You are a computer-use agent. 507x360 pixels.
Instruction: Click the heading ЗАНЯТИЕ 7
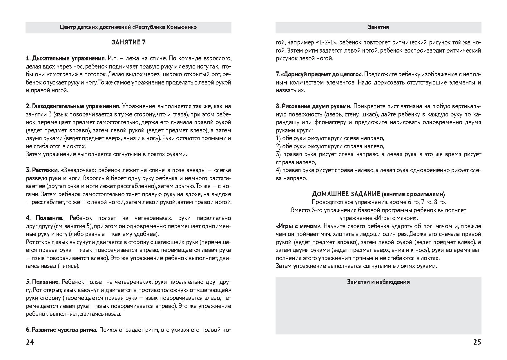click(128, 42)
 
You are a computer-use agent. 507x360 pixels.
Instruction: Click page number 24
click(30, 342)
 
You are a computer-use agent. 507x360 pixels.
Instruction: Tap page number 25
click(477, 342)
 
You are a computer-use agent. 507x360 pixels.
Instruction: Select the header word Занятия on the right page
click(378, 27)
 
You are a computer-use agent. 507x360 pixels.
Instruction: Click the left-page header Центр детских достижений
click(128, 27)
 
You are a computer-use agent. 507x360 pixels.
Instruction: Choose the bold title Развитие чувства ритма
click(64, 330)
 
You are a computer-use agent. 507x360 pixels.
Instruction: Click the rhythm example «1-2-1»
click(326, 43)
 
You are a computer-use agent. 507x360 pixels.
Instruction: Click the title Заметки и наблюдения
click(378, 282)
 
